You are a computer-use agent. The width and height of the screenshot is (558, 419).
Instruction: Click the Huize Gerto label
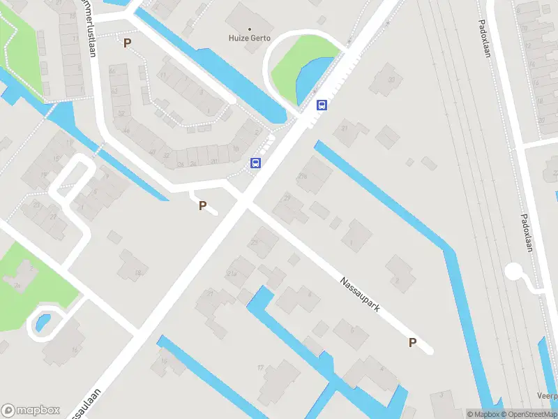tap(250, 38)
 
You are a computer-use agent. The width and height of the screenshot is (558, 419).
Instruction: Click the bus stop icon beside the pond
tap(322, 105)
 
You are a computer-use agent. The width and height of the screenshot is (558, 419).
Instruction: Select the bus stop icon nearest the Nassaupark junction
tap(256, 163)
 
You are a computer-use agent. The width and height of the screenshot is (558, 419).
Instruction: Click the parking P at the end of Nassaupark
tap(412, 342)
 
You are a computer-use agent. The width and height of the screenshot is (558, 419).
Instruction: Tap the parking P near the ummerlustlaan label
tap(127, 43)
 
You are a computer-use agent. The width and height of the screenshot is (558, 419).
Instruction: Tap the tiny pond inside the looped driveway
tap(41, 323)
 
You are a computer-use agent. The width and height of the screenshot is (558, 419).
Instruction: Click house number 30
tap(392, 79)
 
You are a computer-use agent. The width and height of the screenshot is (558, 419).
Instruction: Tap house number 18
tap(138, 272)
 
